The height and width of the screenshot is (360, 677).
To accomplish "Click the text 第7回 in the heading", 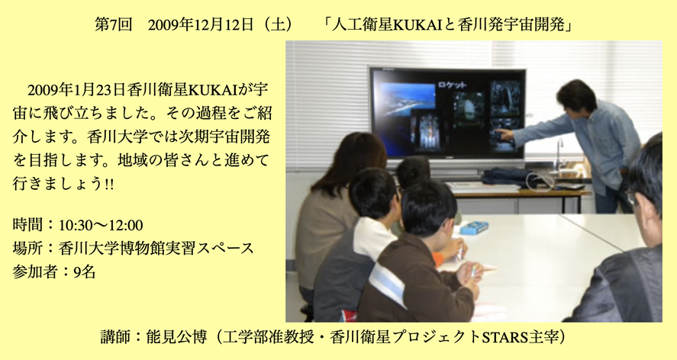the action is pos(113,25).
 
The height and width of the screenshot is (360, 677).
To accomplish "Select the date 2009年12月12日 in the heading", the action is pos(201,25).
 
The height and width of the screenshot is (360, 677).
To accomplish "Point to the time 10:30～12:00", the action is pos(101,225).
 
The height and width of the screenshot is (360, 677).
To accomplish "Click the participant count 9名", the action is pos(85,272).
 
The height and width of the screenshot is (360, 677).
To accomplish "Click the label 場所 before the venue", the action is pos(27,249).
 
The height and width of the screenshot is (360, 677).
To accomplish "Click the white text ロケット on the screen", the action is pos(452,85).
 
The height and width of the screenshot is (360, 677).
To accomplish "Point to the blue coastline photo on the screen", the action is pos(407,98).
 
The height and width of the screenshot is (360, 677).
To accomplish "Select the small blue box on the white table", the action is pos(474,227).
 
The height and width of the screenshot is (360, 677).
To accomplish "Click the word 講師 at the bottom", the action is pos(114,336).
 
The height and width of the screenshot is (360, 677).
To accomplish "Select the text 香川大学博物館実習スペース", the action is pos(156,249).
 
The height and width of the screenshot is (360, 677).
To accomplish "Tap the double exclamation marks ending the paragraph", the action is pos(109,184).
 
